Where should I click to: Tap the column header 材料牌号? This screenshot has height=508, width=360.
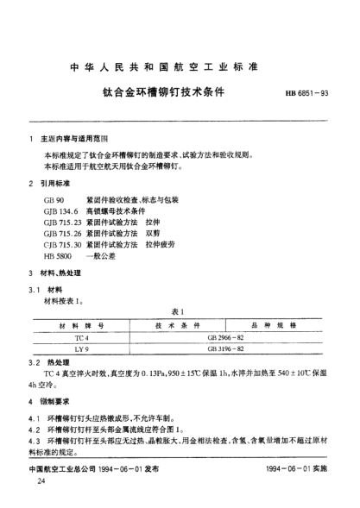point(81,325)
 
